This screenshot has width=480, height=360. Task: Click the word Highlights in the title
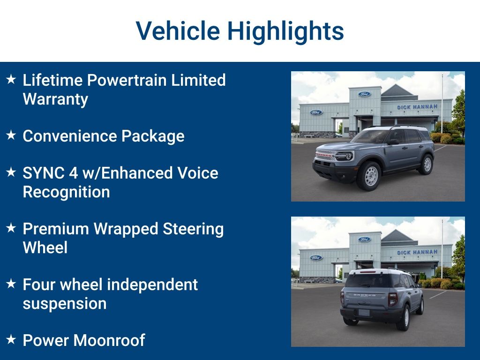tap(286, 32)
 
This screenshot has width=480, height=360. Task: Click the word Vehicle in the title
tap(178, 31)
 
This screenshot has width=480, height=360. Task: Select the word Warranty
tap(55, 99)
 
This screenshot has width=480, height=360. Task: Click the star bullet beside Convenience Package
tap(11, 135)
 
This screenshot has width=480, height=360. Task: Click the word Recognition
tap(66, 192)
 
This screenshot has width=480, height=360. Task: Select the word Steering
tap(193, 229)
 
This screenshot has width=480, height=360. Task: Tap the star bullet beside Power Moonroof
tap(11, 339)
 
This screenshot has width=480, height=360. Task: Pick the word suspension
tap(65, 304)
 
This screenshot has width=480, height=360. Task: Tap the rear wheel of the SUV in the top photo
tap(427, 164)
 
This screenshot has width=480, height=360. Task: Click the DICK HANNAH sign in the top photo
tap(417, 107)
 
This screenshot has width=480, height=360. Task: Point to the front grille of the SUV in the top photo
tap(326, 156)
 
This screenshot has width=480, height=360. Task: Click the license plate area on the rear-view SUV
tap(364, 312)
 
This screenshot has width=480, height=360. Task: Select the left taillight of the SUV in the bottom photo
tap(342, 297)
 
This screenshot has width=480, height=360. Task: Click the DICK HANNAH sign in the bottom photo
tap(417, 252)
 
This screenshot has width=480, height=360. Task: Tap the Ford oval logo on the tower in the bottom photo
tap(364, 240)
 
